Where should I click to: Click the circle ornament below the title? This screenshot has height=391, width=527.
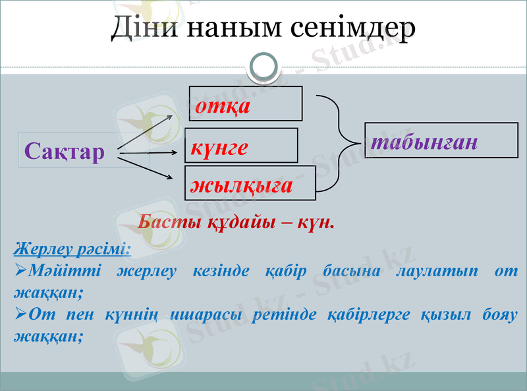pyautogui.click(x=263, y=67)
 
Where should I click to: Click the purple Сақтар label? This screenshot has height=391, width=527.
pyautogui.click(x=65, y=152)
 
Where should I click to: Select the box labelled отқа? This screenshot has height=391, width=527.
pyautogui.click(x=245, y=104)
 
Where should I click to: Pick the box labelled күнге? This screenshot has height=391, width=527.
pyautogui.click(x=241, y=145)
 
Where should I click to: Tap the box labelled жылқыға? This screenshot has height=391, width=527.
pyautogui.click(x=250, y=183)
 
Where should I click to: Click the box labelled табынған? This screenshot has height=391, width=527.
pyautogui.click(x=441, y=140)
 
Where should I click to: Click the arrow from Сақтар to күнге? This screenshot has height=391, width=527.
pyautogui.click(x=148, y=152)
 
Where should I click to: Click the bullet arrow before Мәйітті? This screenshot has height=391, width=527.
pyautogui.click(x=20, y=271)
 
